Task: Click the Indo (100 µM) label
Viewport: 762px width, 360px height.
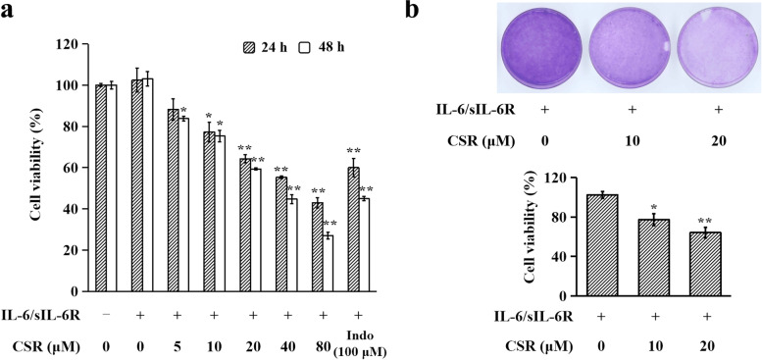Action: coord(360,344)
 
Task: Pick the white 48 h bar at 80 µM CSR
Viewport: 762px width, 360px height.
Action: coord(328,263)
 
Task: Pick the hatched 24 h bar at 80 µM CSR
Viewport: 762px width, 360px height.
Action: coord(317,247)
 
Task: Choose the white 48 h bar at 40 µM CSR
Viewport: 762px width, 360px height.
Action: coord(292,245)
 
